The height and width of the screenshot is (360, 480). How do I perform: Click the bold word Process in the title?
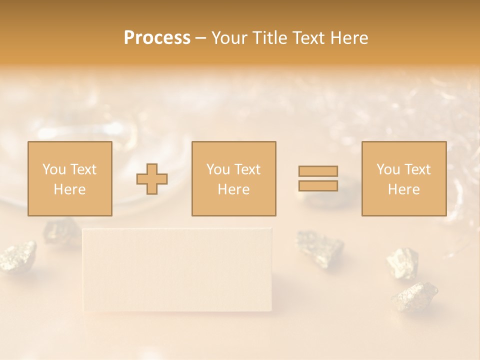[157, 38]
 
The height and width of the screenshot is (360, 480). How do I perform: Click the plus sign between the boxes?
[152, 179]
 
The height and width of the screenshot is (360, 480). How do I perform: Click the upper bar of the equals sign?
[318, 171]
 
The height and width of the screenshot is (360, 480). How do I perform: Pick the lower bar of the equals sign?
[318, 185]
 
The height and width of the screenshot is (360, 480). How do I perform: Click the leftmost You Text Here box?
[69, 178]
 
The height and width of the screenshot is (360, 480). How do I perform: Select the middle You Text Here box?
[233, 178]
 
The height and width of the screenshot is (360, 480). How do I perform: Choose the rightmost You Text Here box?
[403, 178]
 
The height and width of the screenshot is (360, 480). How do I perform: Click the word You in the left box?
[53, 169]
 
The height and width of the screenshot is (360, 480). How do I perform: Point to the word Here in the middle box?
[233, 189]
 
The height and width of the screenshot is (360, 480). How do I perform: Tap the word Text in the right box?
[418, 169]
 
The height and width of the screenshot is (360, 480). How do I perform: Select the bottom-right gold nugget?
[414, 296]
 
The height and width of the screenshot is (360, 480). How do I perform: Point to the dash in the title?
[200, 38]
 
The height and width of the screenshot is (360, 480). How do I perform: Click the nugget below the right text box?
[402, 262]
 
